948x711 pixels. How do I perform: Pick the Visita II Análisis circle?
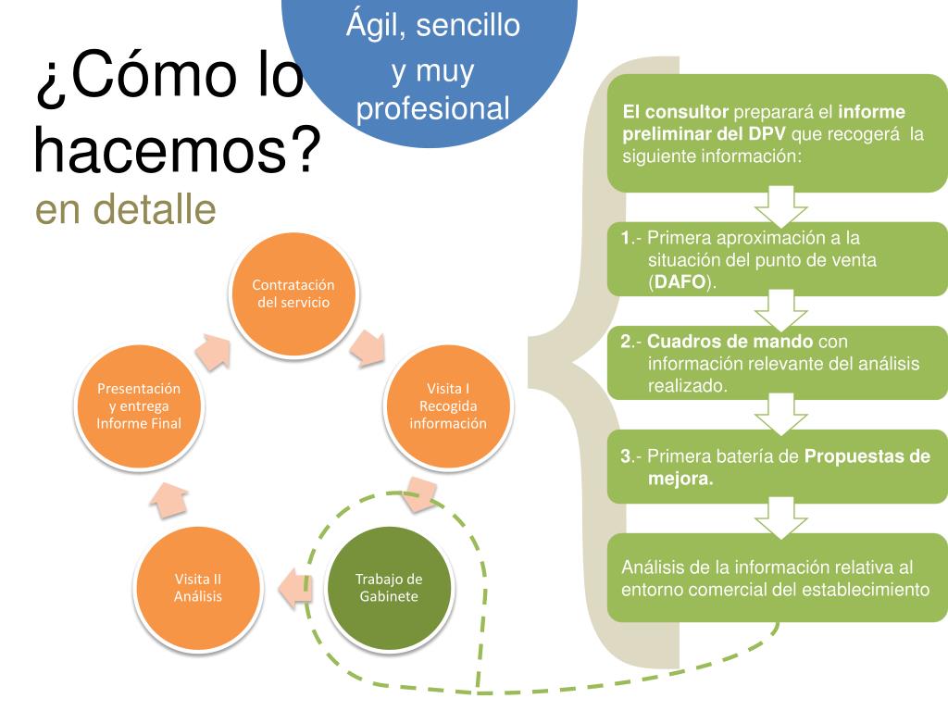click(198, 588)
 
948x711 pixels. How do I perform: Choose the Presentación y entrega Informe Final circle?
click(139, 405)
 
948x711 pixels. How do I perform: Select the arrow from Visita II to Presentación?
click(168, 500)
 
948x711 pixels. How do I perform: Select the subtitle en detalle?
click(126, 210)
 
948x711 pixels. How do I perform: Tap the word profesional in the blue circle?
click(433, 109)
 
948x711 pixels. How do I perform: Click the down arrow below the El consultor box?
click(775, 206)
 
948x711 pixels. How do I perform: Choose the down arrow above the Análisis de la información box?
click(775, 517)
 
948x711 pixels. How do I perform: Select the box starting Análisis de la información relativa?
click(777, 578)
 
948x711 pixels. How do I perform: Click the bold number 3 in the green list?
click(626, 455)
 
